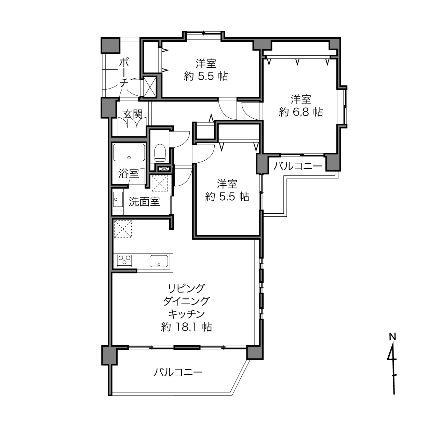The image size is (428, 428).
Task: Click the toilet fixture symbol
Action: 160,153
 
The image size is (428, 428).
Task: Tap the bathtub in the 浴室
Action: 129,152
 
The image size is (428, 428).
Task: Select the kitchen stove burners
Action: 124,260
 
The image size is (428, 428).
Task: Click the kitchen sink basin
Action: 159,261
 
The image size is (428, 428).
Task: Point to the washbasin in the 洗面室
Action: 118,199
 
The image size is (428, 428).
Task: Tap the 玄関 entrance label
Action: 133,115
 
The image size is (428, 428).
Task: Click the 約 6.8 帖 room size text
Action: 301,112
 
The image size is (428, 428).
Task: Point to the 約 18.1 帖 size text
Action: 186,327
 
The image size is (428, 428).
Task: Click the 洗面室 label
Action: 144,202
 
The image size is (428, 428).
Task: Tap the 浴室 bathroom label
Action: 129,173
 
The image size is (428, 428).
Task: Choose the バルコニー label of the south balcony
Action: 178,372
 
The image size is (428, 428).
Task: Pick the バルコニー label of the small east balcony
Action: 298,166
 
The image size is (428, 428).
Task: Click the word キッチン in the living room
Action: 186,314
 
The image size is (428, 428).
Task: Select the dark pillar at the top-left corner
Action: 110,45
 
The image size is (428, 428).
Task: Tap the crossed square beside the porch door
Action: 149,86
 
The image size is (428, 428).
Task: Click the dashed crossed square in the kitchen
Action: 123,229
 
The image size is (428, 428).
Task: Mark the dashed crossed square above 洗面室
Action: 160,183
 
